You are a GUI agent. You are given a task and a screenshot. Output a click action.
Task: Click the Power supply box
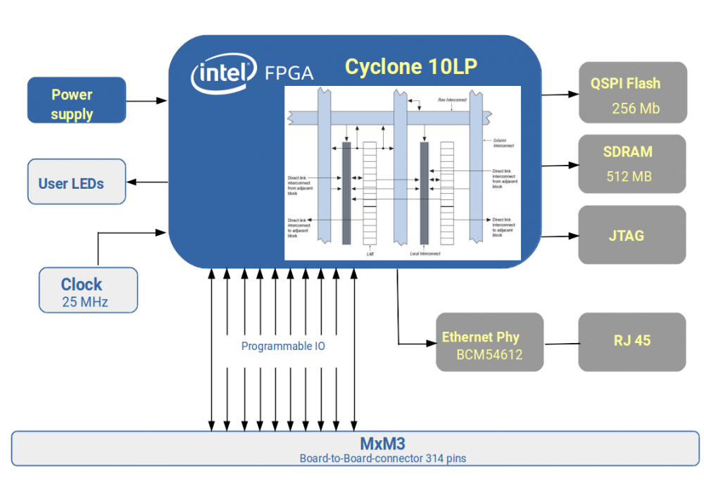coord(77,100)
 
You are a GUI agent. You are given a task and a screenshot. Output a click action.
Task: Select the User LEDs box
coord(77,182)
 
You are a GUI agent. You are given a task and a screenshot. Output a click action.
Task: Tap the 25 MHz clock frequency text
coord(84,303)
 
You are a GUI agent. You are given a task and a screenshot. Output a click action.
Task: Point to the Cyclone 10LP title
coord(410,67)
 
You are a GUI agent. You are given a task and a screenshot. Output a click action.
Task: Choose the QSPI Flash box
coord(632,92)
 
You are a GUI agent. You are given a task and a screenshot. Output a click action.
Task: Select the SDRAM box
coord(632,163)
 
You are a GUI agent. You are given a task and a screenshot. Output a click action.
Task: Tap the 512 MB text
coord(629,176)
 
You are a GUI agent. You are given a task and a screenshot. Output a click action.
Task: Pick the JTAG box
coord(632,235)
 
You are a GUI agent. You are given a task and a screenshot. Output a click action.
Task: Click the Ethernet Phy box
coord(489,342)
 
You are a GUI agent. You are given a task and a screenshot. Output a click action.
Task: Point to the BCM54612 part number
coord(489,354)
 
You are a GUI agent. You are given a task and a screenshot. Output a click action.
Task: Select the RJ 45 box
coord(632,341)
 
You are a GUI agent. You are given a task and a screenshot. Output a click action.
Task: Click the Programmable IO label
coord(283,347)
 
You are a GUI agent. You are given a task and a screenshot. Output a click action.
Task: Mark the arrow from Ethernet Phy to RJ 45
coord(561,344)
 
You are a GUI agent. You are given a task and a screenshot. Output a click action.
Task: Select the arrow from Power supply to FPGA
coord(147,101)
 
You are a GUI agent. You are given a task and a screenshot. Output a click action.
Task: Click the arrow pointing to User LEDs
coord(147,183)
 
